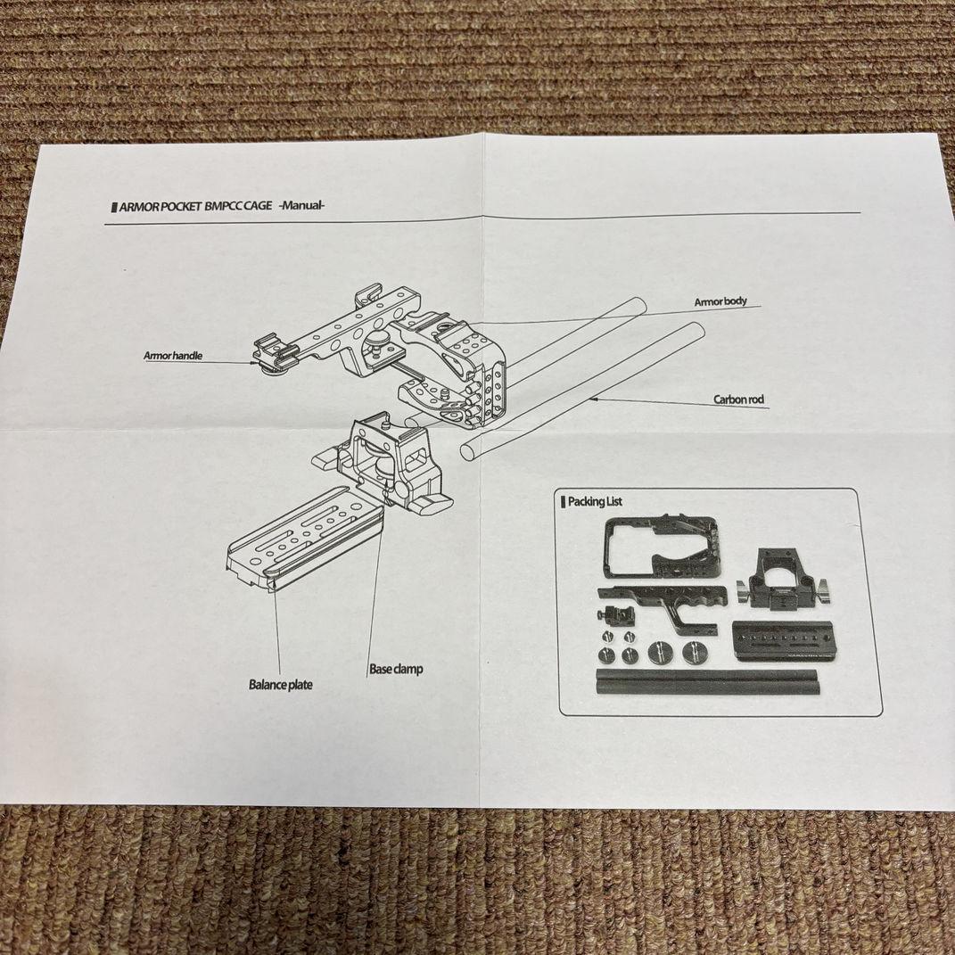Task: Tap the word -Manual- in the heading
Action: tap(301, 206)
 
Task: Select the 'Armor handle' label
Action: tap(173, 356)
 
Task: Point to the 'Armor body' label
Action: tap(720, 302)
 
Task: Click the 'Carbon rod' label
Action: tap(738, 400)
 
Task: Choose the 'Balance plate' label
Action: tap(280, 685)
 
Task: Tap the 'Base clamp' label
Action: tap(396, 669)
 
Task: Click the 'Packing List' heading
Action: tap(596, 501)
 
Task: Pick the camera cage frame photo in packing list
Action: tap(660, 554)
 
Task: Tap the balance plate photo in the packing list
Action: tap(784, 640)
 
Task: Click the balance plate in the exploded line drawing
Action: tap(303, 539)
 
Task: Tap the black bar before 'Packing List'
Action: tap(563, 502)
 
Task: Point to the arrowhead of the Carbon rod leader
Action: tap(590, 399)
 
